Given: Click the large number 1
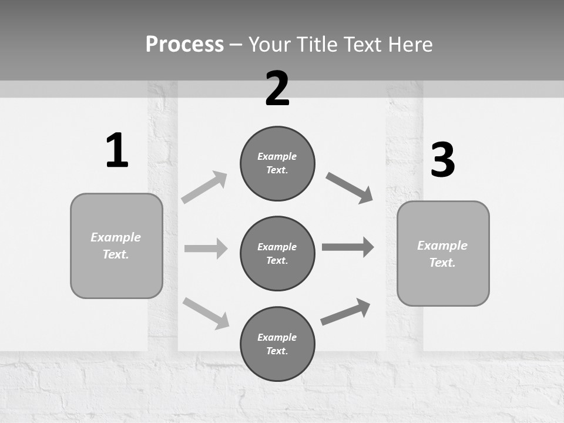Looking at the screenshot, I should point(117,150).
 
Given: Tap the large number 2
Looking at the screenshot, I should point(277,89).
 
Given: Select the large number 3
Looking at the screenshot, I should point(442,160).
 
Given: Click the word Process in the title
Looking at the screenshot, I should point(184,44).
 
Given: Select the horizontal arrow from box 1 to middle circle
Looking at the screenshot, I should point(206,249).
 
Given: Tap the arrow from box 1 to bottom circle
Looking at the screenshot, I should point(206,313).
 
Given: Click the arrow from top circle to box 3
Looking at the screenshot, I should point(350,188).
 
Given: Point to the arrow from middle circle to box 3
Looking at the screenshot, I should point(348,247).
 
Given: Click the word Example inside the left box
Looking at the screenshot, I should point(116,237).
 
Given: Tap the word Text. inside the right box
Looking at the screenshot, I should point(442,263).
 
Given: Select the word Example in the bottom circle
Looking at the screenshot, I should point(277,337).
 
